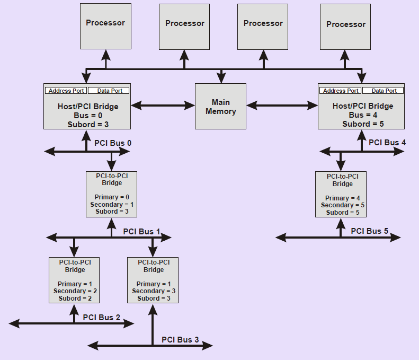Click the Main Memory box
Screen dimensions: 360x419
tap(220, 106)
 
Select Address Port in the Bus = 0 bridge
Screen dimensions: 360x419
tap(66, 91)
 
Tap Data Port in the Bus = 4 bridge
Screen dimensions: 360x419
tap(384, 91)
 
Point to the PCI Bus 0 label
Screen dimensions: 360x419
tap(113, 143)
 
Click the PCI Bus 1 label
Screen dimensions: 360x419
tap(141, 231)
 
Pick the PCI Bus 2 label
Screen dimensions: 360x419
tap(102, 318)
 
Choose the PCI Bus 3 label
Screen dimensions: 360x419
tap(180, 339)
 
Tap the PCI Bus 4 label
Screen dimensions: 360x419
tap(387, 142)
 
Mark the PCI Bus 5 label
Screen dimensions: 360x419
tap(370, 231)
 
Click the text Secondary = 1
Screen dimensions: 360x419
tap(112, 205)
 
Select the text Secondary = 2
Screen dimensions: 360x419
tap(75, 291)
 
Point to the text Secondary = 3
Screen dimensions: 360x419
tap(153, 291)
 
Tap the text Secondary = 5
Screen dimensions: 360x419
tap(342, 205)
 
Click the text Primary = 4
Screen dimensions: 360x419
tap(342, 198)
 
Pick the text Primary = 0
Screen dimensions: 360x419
tap(112, 197)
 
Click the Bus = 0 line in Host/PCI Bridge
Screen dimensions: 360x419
tap(88, 115)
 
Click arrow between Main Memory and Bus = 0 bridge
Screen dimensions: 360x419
tap(163, 106)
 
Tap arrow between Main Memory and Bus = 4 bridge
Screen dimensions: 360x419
tap(282, 106)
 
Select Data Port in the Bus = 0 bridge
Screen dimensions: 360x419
tap(109, 91)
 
